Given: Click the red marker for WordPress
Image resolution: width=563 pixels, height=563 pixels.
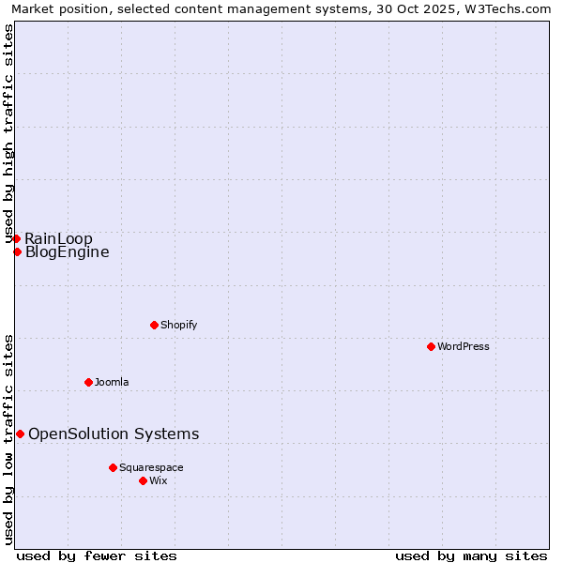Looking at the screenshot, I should click(431, 346).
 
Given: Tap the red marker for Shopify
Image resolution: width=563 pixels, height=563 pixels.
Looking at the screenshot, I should click(154, 325).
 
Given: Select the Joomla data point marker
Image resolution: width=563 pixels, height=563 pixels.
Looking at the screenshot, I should click(88, 382).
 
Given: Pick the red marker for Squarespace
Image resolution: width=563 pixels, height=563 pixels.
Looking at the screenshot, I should click(113, 467).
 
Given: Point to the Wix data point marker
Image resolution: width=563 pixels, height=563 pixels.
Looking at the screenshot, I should click(143, 480).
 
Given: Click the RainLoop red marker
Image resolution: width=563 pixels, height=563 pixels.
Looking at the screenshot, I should click(16, 238).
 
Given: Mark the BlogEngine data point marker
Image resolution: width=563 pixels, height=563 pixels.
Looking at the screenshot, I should click(17, 251).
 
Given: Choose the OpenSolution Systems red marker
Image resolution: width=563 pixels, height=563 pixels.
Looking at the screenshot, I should click(20, 434).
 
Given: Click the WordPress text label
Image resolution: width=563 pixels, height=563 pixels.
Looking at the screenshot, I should click(464, 346).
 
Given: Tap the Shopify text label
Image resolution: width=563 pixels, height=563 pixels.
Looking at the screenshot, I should click(178, 325).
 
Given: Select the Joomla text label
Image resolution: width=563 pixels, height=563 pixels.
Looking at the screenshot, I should click(112, 382).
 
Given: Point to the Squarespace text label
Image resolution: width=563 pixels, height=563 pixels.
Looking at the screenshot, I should click(151, 467).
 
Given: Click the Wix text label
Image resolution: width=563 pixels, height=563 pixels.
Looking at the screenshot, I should click(159, 480).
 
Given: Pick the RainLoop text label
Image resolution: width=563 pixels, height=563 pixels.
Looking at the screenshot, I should click(58, 238).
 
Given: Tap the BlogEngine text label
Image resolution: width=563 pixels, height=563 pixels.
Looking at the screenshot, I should click(67, 251).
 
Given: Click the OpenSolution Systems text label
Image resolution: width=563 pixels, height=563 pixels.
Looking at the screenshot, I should click(114, 434).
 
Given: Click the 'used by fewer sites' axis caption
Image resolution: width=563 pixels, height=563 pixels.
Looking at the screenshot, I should click(97, 556).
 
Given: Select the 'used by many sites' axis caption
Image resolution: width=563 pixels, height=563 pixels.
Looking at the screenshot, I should click(471, 556).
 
